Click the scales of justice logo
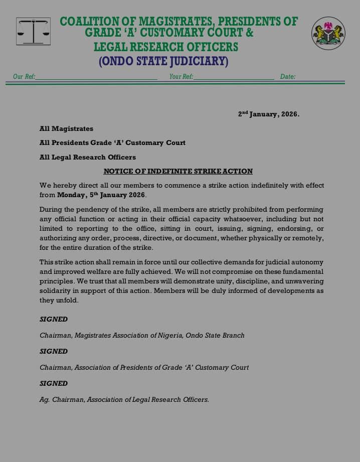pyautogui.click(x=33, y=32)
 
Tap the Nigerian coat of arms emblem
pyautogui.click(x=328, y=33)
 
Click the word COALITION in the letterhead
pyautogui.click(x=88, y=22)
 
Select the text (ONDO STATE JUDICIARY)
pyautogui.click(x=163, y=62)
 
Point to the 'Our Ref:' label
pyautogui.click(x=24, y=77)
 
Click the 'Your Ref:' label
pyautogui.click(x=181, y=77)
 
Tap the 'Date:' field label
pyautogui.click(x=288, y=77)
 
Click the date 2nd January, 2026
pyautogui.click(x=268, y=114)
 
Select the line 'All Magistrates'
pyautogui.click(x=66, y=129)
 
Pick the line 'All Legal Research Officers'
pyautogui.click(x=87, y=157)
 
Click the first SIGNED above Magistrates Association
pyautogui.click(x=54, y=319)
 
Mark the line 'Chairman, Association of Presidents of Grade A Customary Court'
pyautogui.click(x=144, y=367)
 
